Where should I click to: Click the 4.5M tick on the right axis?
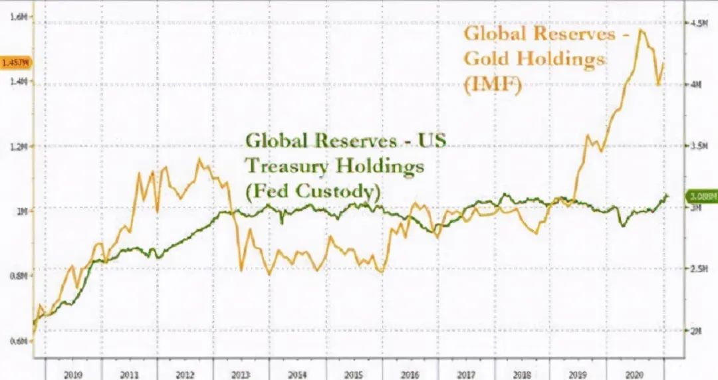(x=696, y=23)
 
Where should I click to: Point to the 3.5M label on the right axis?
(x=696, y=144)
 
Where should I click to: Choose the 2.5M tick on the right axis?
(x=696, y=268)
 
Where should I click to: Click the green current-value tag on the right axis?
(x=701, y=197)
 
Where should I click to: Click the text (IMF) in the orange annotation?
(x=492, y=84)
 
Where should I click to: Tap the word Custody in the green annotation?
(x=335, y=191)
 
